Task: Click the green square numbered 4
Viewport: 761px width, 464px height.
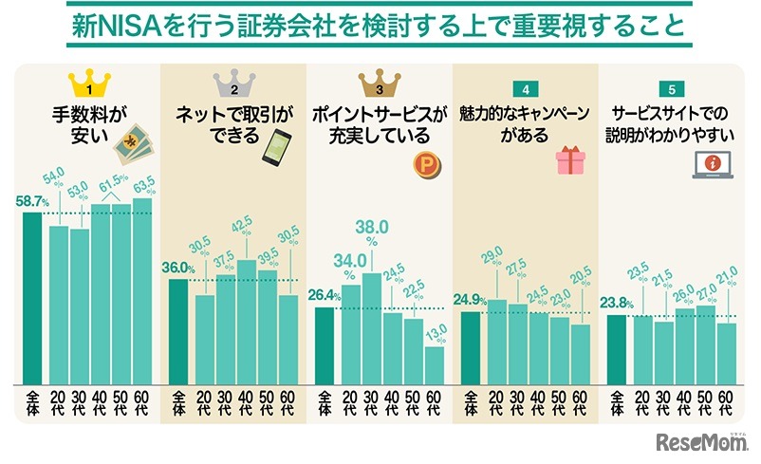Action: pos(525,89)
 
